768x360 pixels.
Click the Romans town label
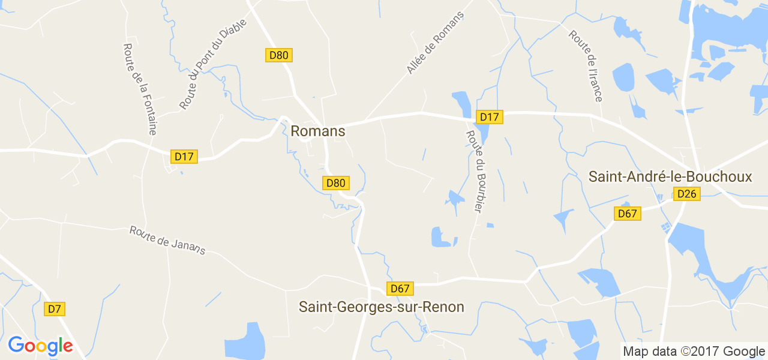318,131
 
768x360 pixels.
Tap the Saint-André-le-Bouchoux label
670,176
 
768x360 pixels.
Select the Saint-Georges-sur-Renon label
382,307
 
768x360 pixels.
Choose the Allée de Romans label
435,43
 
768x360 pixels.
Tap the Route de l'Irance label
586,66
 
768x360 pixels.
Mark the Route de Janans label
167,240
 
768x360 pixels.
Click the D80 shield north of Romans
278,55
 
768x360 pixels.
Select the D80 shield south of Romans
335,183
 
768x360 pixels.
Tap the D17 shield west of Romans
184,157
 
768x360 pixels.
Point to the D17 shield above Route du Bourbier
490,117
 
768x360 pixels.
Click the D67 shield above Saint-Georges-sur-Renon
400,289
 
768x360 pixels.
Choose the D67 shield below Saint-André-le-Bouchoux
628,214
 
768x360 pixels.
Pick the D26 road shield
686,194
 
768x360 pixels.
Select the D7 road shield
55,309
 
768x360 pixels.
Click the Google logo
40,346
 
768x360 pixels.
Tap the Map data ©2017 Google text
694,352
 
